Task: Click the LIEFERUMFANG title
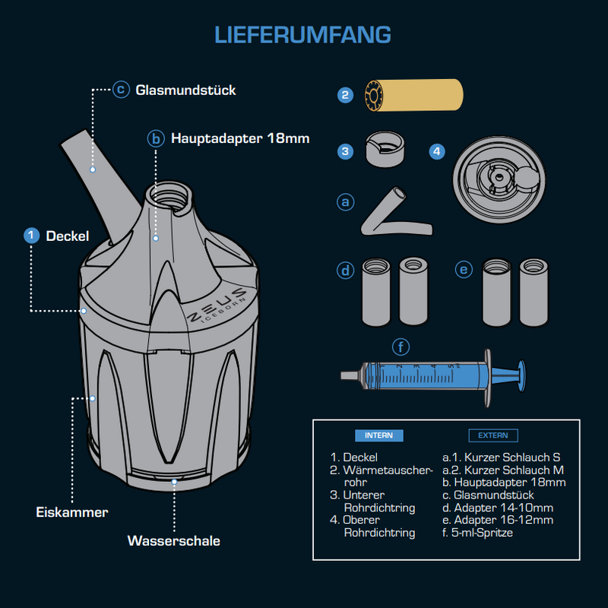pyautogui.click(x=302, y=35)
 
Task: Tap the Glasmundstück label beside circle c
pyautogui.click(x=185, y=90)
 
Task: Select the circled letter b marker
pyautogui.click(x=156, y=138)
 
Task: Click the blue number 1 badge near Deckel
pyautogui.click(x=31, y=236)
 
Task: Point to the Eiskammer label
pyautogui.click(x=71, y=512)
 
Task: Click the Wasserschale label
pyautogui.click(x=174, y=540)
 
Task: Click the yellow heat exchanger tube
pyautogui.click(x=413, y=95)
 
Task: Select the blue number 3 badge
pyautogui.click(x=345, y=151)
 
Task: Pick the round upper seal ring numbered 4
pyautogui.click(x=499, y=179)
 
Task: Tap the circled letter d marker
pyautogui.click(x=345, y=271)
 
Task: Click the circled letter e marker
pyautogui.click(x=464, y=270)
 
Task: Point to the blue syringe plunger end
pyautogui.click(x=521, y=375)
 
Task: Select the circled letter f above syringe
pyautogui.click(x=401, y=347)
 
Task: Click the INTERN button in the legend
pyautogui.click(x=378, y=435)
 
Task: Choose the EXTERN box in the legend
pyautogui.click(x=492, y=435)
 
